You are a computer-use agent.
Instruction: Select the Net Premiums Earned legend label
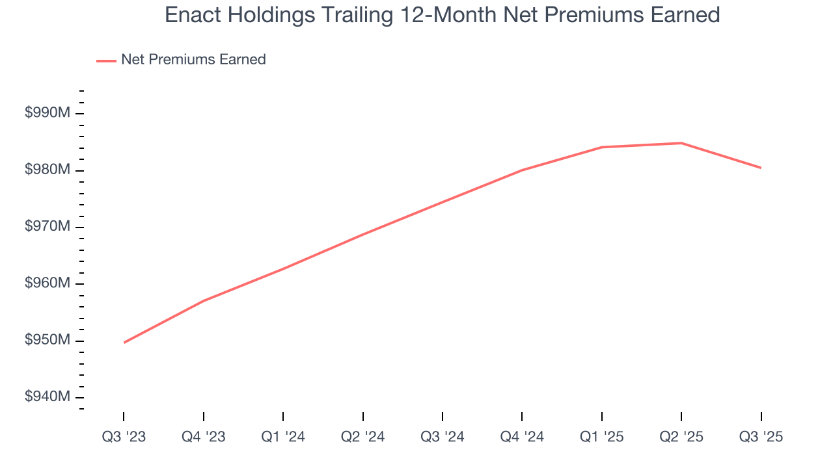pos(193,60)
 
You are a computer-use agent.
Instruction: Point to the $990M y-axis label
pos(47,113)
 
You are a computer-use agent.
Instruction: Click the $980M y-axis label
pos(47,170)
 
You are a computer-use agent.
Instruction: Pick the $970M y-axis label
pos(47,227)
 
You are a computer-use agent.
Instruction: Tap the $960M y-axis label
pos(47,283)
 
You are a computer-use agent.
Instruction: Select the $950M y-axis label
pos(47,340)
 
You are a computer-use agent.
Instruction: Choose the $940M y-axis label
pos(47,396)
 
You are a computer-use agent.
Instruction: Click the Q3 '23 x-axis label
pos(124,437)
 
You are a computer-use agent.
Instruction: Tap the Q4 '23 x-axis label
pos(204,437)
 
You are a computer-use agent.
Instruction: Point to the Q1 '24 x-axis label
pos(283,437)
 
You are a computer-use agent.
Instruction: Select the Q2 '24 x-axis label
pos(362,437)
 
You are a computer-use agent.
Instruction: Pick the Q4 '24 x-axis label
pos(522,437)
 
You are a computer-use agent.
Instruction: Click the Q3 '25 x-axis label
pos(761,437)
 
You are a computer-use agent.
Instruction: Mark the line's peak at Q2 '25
pos(681,143)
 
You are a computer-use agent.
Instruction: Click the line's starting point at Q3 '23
pos(124,343)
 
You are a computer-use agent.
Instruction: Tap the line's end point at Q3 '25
pos(761,168)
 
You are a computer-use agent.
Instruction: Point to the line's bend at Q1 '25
pos(601,147)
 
